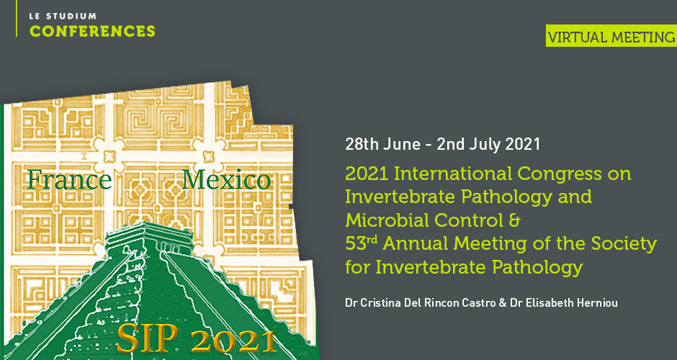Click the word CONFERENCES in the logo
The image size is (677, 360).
pos(92,31)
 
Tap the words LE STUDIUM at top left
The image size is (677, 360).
pos(63,17)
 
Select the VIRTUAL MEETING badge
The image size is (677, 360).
pos(611,36)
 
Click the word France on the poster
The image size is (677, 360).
pos(69,179)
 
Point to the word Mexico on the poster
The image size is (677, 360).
pos(226,179)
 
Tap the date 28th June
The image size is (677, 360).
pos(382,144)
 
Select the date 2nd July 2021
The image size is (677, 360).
pos(488,144)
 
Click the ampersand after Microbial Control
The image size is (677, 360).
pos(514,220)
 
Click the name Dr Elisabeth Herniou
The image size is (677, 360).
pos(563,302)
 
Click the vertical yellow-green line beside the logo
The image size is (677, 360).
pos(17,18)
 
